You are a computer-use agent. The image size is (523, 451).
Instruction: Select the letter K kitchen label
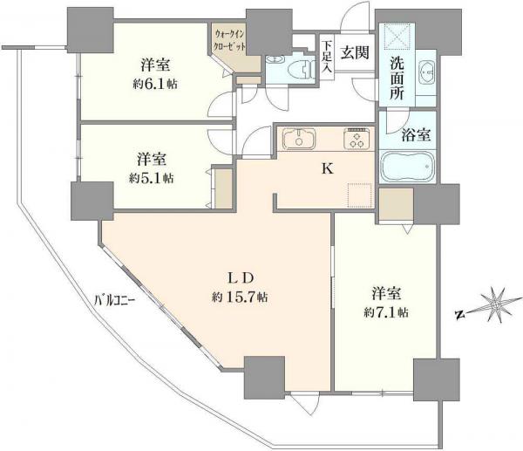[x=328, y=169]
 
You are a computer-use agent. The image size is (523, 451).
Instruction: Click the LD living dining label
[x=241, y=277]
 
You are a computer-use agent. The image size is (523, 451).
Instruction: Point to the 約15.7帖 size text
[x=240, y=297]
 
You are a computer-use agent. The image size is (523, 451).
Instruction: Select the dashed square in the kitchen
[x=360, y=195]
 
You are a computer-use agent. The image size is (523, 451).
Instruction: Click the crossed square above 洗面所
[x=396, y=34]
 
